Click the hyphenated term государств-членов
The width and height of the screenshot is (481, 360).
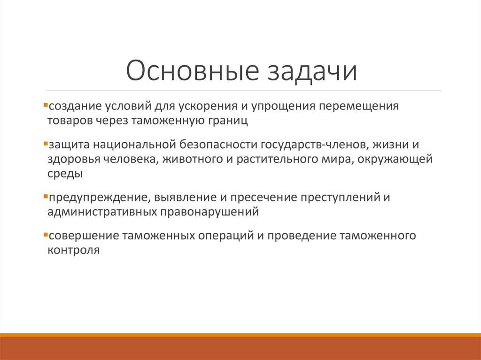[x=310, y=146]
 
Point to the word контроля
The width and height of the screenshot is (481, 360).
[x=73, y=250]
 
